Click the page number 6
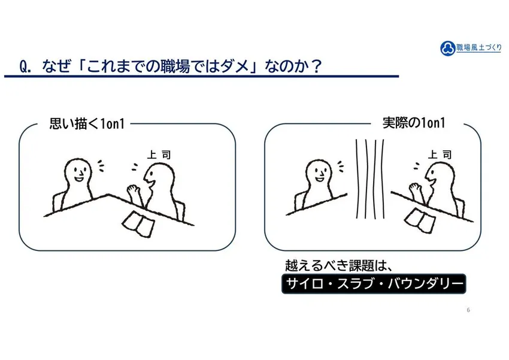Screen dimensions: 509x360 468,310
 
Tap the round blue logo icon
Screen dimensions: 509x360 448,49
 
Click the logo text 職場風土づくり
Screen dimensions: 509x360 479,47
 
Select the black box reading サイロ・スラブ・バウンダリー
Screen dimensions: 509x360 374,284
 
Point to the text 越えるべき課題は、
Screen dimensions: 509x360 339,265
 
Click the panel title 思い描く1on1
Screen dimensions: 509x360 87,123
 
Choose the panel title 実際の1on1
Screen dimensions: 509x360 414,123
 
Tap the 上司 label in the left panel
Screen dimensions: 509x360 159,155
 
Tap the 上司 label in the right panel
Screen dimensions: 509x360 440,155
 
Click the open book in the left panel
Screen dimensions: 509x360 138,223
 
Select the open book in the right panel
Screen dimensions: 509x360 419,220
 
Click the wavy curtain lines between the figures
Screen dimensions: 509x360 370,179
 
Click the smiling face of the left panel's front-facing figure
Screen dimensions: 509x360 78,173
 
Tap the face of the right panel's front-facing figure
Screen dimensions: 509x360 319,172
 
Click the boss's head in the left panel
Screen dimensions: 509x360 159,178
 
